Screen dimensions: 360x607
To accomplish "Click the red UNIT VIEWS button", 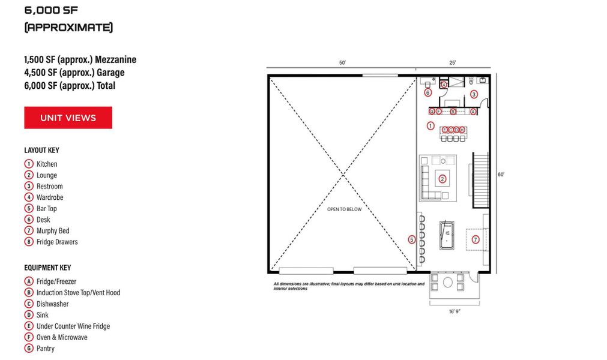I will [68, 118].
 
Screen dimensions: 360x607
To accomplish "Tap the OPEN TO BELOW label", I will [344, 209].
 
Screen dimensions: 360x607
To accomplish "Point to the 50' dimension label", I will [342, 63].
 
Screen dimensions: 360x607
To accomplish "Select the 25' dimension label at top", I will [452, 63].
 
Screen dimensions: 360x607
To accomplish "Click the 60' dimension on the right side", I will [500, 175].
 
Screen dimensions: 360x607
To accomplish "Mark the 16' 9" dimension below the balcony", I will [454, 311].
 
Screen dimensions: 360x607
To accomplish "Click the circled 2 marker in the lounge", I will [442, 178].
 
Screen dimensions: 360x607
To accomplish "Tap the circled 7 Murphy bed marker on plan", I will [475, 239].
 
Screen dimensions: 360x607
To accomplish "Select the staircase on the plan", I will [481, 179].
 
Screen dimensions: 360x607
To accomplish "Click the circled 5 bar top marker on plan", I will [412, 240].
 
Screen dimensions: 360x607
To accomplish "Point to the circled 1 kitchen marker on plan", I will [430, 126].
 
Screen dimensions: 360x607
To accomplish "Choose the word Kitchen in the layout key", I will [47, 164].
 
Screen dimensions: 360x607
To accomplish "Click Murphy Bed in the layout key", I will [53, 231].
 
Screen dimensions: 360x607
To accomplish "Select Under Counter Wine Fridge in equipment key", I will [73, 326].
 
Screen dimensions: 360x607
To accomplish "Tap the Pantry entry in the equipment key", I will [46, 349].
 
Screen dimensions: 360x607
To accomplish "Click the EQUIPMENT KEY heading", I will [47, 268].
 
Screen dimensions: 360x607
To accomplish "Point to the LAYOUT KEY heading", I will [41, 150].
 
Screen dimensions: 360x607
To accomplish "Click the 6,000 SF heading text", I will [51, 10].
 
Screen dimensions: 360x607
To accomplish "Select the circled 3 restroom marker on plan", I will [474, 94].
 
